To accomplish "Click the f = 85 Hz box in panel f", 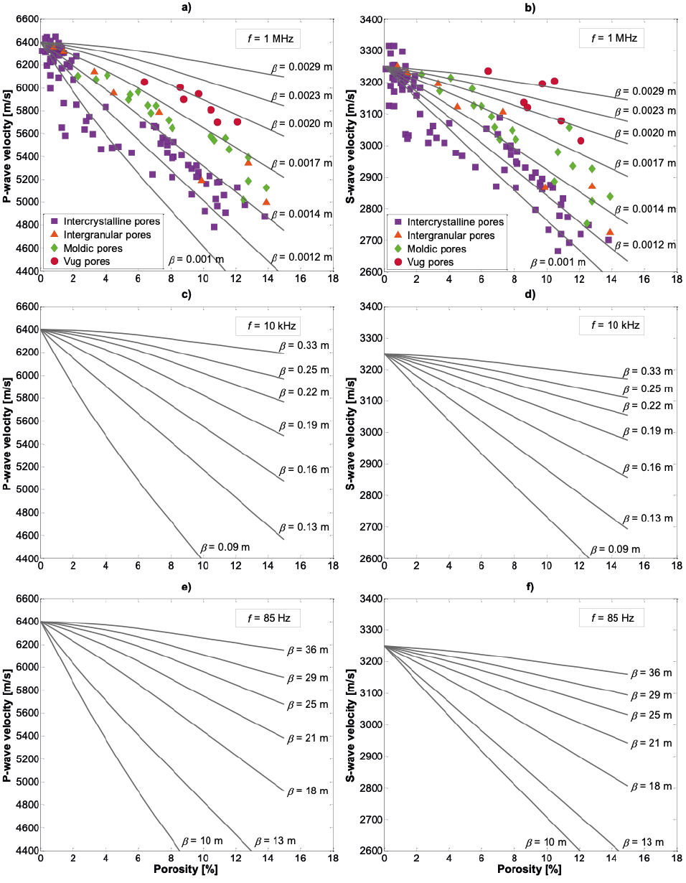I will (611, 617).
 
